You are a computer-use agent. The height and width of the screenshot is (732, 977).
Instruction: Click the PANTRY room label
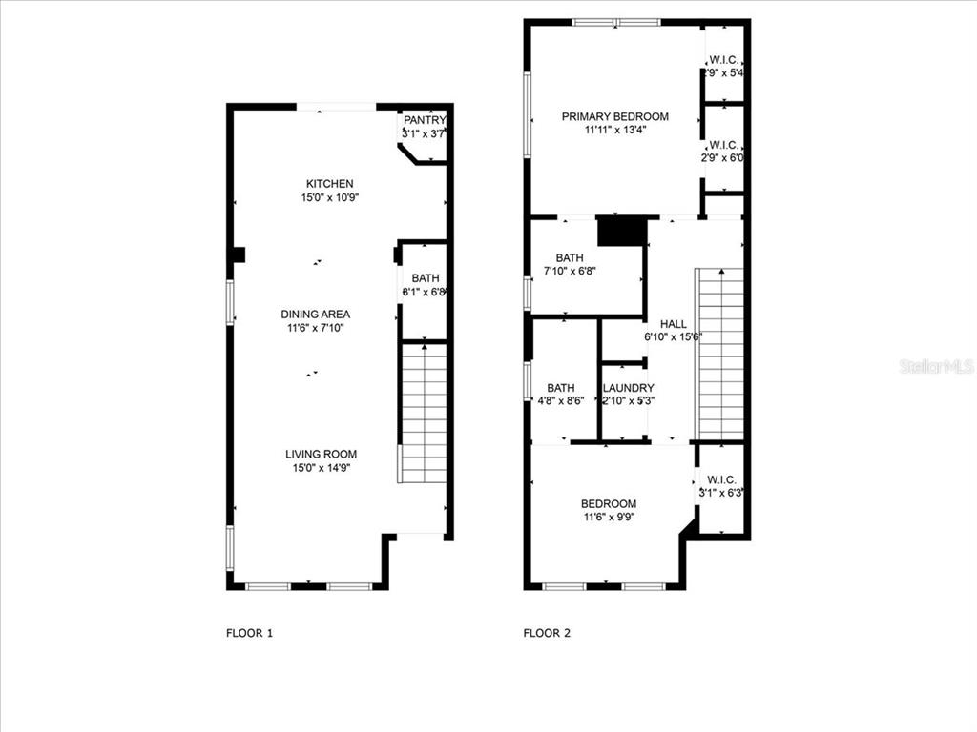tap(424, 120)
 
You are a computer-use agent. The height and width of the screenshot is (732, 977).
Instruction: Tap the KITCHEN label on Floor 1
tap(329, 184)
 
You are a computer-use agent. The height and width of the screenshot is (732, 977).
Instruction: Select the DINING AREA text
tap(315, 315)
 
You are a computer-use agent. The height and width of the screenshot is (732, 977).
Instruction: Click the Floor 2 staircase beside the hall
tap(720, 353)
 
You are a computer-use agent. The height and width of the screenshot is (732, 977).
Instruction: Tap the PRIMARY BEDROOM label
tap(614, 116)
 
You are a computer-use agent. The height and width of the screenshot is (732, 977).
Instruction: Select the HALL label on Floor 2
tap(674, 325)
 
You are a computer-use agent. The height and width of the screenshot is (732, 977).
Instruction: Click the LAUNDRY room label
tap(628, 388)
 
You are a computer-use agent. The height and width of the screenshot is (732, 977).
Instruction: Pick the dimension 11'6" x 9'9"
tap(609, 518)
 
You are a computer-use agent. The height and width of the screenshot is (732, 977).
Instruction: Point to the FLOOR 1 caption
tap(249, 632)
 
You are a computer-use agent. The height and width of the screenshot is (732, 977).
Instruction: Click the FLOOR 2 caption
tap(547, 632)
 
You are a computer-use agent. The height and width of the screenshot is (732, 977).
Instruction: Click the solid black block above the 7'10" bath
tap(621, 232)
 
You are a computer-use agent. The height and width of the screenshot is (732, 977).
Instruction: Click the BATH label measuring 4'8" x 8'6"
tap(560, 388)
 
